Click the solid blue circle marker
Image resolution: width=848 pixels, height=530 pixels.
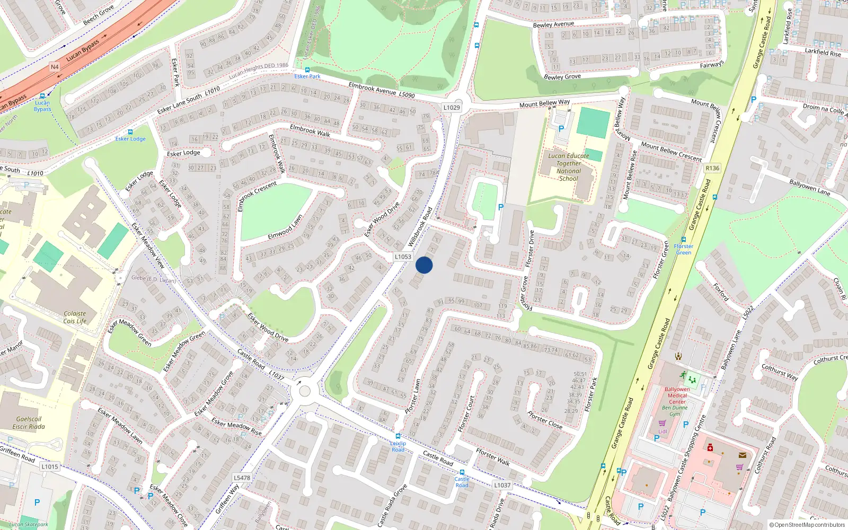[424, 265]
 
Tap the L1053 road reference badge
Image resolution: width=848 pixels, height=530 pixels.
[403, 257]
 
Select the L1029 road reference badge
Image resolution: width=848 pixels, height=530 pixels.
[452, 108]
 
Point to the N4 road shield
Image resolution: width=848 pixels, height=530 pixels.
[55, 67]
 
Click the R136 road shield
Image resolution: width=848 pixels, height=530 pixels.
[712, 168]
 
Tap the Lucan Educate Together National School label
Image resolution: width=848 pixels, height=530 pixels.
[568, 167]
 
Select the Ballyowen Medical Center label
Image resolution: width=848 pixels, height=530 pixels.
[677, 395]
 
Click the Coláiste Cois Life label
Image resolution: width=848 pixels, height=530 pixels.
[75, 317]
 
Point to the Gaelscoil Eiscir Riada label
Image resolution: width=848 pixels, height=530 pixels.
[29, 422]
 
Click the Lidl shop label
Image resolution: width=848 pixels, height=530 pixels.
[662, 431]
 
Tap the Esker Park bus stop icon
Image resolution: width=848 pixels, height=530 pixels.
[307, 70]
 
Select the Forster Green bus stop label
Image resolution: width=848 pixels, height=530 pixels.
[683, 249]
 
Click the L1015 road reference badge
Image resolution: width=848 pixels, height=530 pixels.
[50, 466]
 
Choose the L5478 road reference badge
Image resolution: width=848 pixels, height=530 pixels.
[242, 478]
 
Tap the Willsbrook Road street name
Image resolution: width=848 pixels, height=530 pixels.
[420, 227]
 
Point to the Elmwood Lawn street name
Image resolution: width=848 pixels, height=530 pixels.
[285, 227]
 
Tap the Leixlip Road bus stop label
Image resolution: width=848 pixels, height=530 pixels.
[398, 446]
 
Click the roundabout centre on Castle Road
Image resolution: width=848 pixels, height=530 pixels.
[305, 391]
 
